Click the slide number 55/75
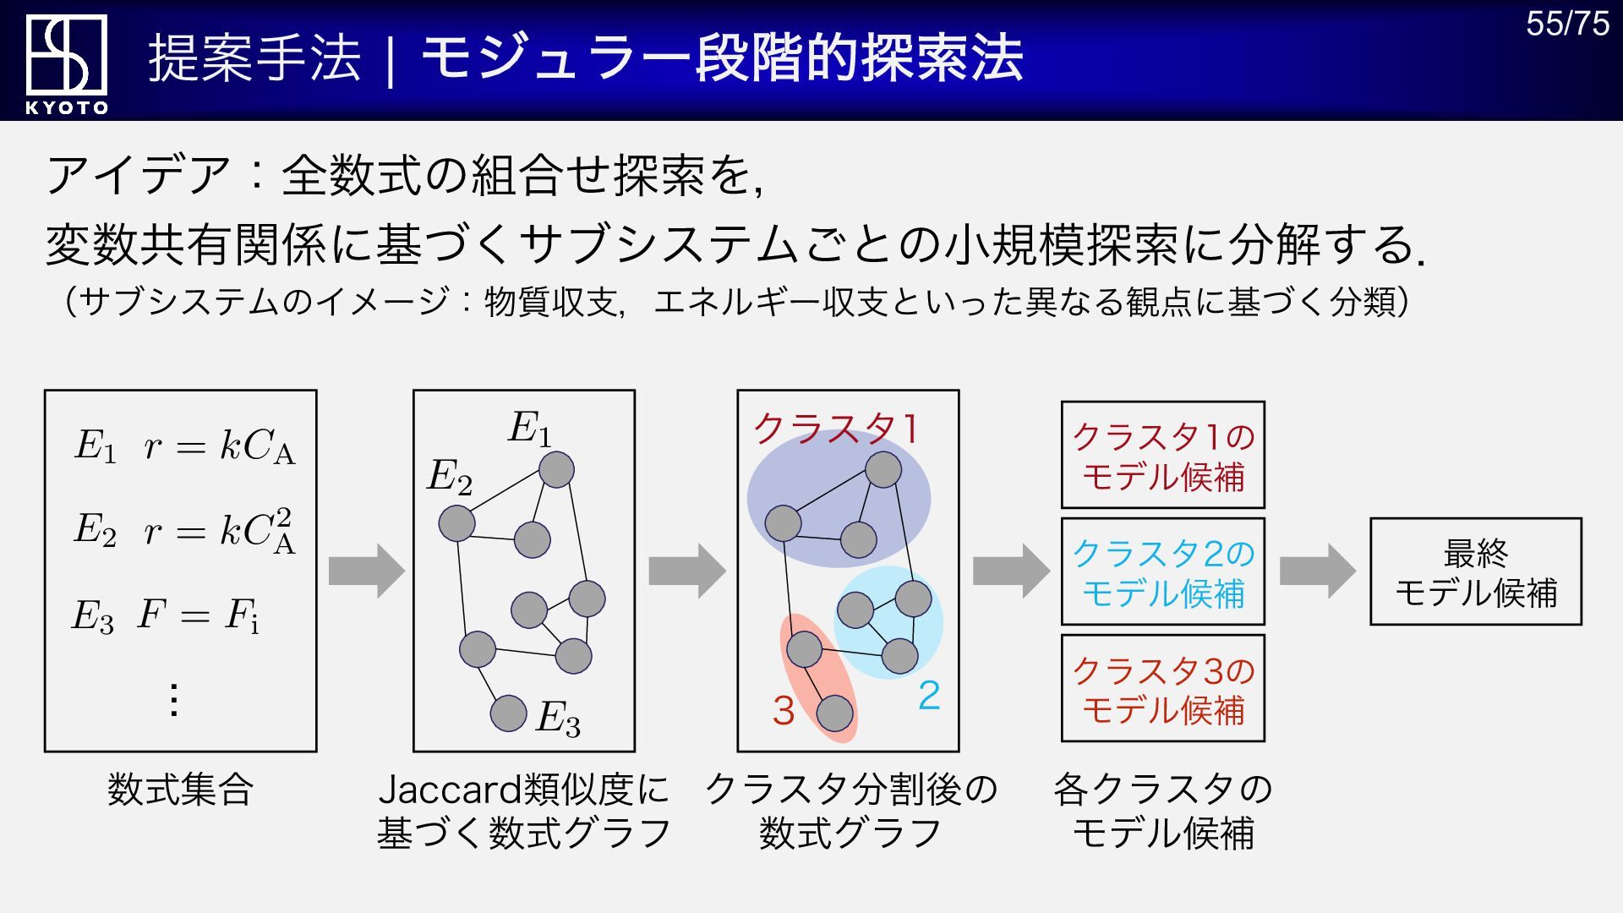[1567, 24]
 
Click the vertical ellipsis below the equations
[174, 700]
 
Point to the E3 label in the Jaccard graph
[558, 719]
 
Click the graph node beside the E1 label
[556, 470]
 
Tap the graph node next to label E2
[457, 523]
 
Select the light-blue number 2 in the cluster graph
[929, 696]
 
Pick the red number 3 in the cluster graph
[784, 711]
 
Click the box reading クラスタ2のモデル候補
[1162, 572]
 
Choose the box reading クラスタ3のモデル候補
[1162, 689]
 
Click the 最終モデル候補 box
[1475, 572]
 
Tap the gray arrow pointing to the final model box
[1317, 571]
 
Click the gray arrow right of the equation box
[366, 571]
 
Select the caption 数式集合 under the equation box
[180, 790]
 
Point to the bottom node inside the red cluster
[834, 713]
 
